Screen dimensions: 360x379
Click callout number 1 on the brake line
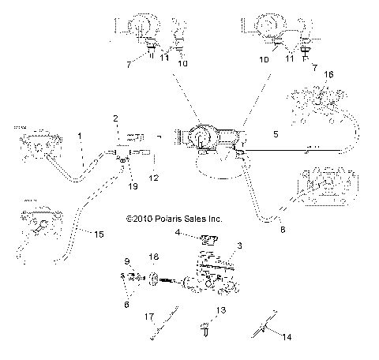click(79, 137)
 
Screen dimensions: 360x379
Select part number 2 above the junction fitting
click(114, 118)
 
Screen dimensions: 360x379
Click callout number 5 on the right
click(275, 134)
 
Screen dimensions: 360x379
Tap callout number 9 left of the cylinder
click(126, 261)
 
